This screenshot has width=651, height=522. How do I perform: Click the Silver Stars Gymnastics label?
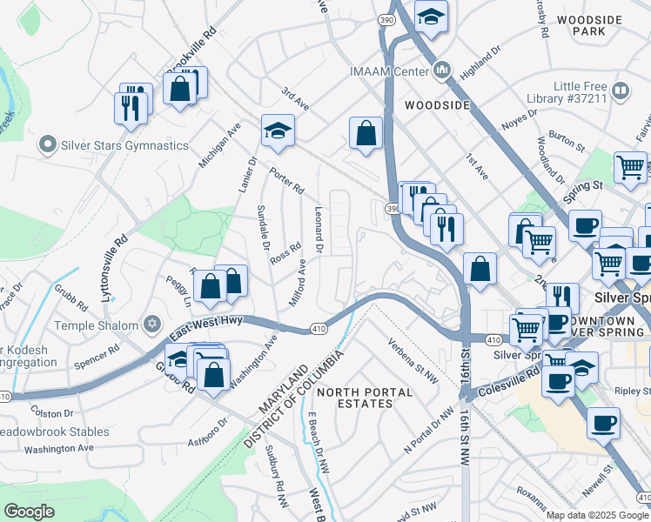coord(124,145)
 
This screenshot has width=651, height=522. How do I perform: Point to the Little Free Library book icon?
coord(621,90)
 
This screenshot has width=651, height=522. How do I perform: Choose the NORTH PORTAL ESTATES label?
coord(365,398)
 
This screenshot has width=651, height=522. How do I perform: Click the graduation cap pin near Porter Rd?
coord(278,130)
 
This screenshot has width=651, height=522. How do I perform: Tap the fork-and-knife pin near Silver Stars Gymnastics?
coord(131,107)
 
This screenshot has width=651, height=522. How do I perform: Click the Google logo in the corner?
coord(30,512)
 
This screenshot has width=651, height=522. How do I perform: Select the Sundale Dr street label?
coord(262,228)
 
